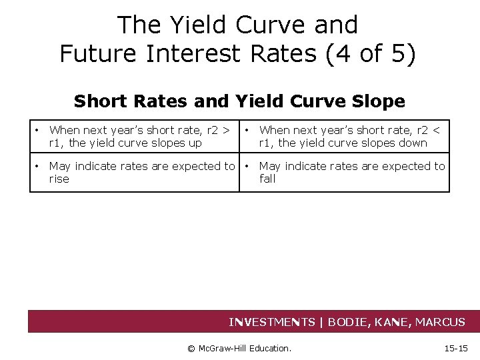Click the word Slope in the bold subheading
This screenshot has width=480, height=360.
(379, 101)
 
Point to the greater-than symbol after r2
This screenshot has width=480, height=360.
(227, 130)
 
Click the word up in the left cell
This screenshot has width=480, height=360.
(195, 143)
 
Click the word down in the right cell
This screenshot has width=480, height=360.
(413, 143)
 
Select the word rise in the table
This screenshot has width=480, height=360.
(59, 179)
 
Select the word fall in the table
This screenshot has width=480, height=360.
(267, 179)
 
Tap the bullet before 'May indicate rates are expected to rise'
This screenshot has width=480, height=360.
(40, 166)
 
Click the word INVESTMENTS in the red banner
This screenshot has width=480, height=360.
(272, 323)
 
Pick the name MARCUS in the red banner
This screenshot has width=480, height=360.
(440, 323)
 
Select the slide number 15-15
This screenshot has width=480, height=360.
(457, 348)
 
